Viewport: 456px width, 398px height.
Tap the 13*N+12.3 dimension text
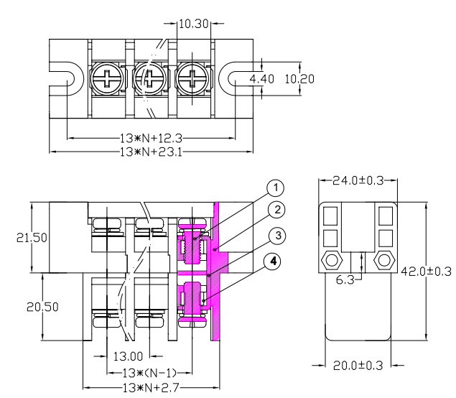[x=151, y=139]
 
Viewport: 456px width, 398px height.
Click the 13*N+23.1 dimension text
[x=151, y=152]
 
